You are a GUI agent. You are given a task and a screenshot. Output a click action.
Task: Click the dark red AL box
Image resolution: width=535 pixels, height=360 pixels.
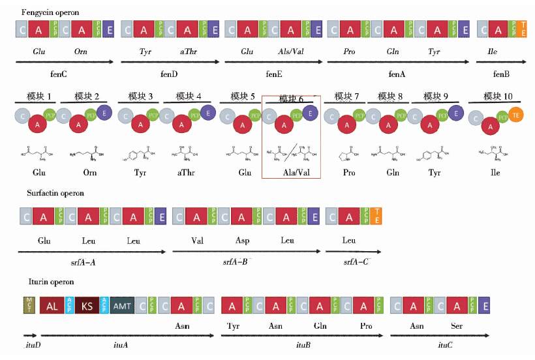52,306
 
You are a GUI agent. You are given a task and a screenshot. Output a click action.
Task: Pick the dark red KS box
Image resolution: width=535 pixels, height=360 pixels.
87,306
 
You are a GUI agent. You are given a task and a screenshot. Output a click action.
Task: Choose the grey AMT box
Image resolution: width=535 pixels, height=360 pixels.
122,306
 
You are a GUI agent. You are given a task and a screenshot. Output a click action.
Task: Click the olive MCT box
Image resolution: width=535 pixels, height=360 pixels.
29,305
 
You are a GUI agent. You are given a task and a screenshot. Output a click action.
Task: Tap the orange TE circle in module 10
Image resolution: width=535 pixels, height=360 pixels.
515,115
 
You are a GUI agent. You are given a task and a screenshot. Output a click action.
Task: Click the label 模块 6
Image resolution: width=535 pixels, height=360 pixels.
291,98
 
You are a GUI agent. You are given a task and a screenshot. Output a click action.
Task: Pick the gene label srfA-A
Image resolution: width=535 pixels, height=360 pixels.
83,262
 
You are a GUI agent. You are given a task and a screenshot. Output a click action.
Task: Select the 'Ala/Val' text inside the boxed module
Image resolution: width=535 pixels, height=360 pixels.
291,173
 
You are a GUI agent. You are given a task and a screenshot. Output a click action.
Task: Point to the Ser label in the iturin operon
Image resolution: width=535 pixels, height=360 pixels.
457,325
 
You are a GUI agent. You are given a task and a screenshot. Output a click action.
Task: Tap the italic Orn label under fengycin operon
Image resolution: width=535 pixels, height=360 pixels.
81,51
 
